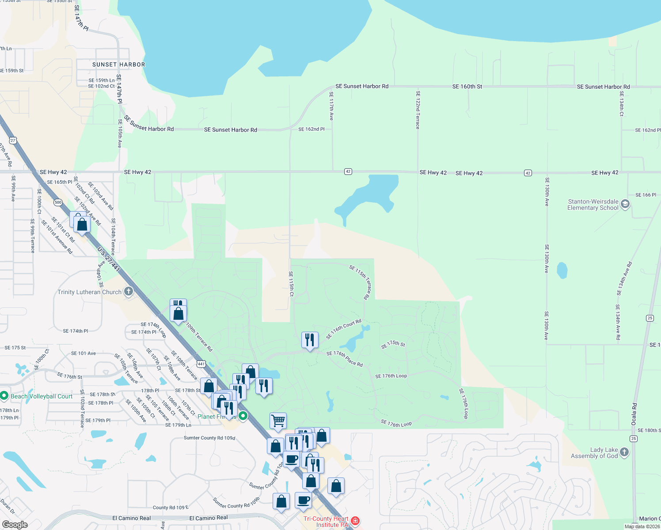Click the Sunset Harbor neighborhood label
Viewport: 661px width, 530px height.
coord(118,64)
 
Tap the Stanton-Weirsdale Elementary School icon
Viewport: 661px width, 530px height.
coord(625,204)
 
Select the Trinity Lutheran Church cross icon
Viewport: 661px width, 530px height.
coord(128,291)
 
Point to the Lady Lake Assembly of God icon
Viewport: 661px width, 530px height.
coord(624,452)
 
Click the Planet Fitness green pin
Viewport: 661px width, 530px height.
coord(243,416)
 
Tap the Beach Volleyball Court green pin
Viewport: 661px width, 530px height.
coord(4,396)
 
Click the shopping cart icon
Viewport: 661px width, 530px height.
coord(278,421)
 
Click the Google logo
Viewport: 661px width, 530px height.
coord(15,524)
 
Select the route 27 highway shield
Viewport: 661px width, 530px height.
coord(13,140)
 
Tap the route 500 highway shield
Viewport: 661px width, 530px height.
coord(58,203)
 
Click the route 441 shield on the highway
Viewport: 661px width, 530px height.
coord(201,364)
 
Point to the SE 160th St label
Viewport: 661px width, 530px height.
coord(467,87)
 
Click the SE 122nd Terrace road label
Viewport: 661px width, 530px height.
coord(418,110)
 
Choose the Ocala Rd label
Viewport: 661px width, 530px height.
coord(634,414)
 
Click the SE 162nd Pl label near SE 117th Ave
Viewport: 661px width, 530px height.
coord(311,129)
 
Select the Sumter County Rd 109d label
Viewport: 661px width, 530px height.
coord(209,438)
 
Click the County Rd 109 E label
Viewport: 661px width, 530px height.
coord(171,507)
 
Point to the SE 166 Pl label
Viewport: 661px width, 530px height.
coord(646,195)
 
